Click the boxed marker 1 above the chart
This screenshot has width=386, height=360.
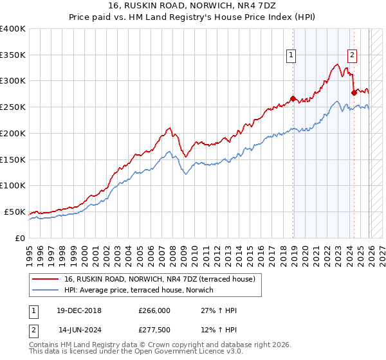tap(292, 56)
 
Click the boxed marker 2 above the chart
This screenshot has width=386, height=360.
tap(353, 56)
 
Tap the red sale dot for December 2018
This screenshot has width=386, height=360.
tap(293, 98)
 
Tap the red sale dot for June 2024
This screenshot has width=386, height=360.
tap(354, 93)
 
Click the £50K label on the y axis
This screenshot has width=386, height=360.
tap(15, 212)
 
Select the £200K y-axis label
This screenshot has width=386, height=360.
tap(12, 134)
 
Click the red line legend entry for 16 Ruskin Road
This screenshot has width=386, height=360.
tap(160, 279)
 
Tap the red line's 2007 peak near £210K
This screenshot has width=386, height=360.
tap(169, 128)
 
